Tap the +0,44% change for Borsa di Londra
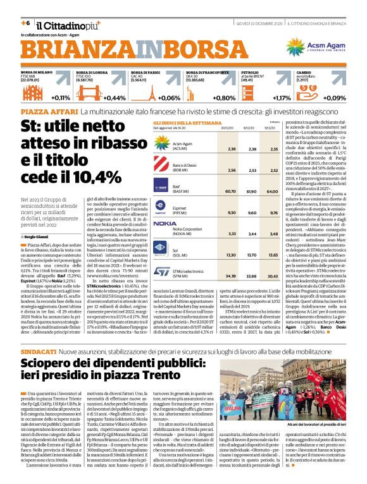coord(115,98)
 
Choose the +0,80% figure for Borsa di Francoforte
coord(225,98)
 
